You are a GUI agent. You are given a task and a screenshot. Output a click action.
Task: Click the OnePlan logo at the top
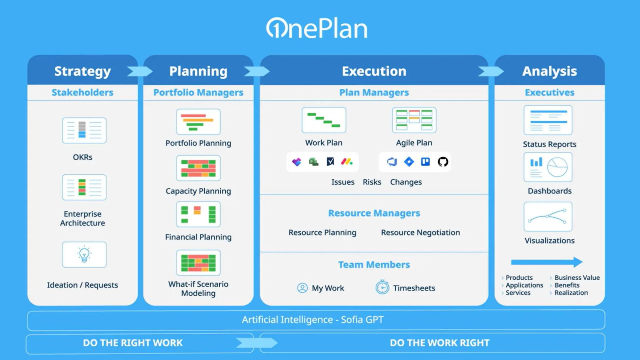tap(317, 28)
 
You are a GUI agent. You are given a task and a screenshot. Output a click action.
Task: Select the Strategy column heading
tap(82, 71)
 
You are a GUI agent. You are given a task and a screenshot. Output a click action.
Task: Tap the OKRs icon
tap(84, 130)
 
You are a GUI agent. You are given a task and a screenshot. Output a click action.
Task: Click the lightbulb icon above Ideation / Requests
tap(84, 254)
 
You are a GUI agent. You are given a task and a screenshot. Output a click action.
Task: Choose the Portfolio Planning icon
tap(198, 122)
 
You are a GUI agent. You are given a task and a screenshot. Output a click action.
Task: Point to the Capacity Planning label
tap(198, 191)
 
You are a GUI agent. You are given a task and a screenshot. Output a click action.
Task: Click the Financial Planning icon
tap(198, 214)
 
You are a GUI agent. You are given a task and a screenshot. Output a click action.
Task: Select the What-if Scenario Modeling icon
tap(198, 263)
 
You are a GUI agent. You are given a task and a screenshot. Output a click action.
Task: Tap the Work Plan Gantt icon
tap(324, 120)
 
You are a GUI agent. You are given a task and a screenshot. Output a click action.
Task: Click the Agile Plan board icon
tap(414, 120)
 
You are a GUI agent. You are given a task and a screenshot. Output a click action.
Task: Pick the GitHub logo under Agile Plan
tap(442, 162)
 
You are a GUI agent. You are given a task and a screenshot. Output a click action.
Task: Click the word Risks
tap(372, 182)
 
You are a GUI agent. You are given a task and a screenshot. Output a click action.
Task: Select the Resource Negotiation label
tap(420, 232)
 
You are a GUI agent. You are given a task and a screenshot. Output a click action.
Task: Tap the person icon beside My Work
tap(302, 288)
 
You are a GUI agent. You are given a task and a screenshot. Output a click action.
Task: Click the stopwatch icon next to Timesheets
tap(382, 287)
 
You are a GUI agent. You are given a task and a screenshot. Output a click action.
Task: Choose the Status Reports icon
tap(548, 120)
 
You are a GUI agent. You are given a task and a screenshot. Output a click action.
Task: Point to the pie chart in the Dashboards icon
tap(557, 167)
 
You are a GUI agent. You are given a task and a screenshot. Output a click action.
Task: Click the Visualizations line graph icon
tap(548, 217)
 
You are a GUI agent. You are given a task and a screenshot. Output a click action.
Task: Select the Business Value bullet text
tap(577, 277)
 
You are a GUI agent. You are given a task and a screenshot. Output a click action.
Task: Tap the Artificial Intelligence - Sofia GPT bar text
tap(312, 320)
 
